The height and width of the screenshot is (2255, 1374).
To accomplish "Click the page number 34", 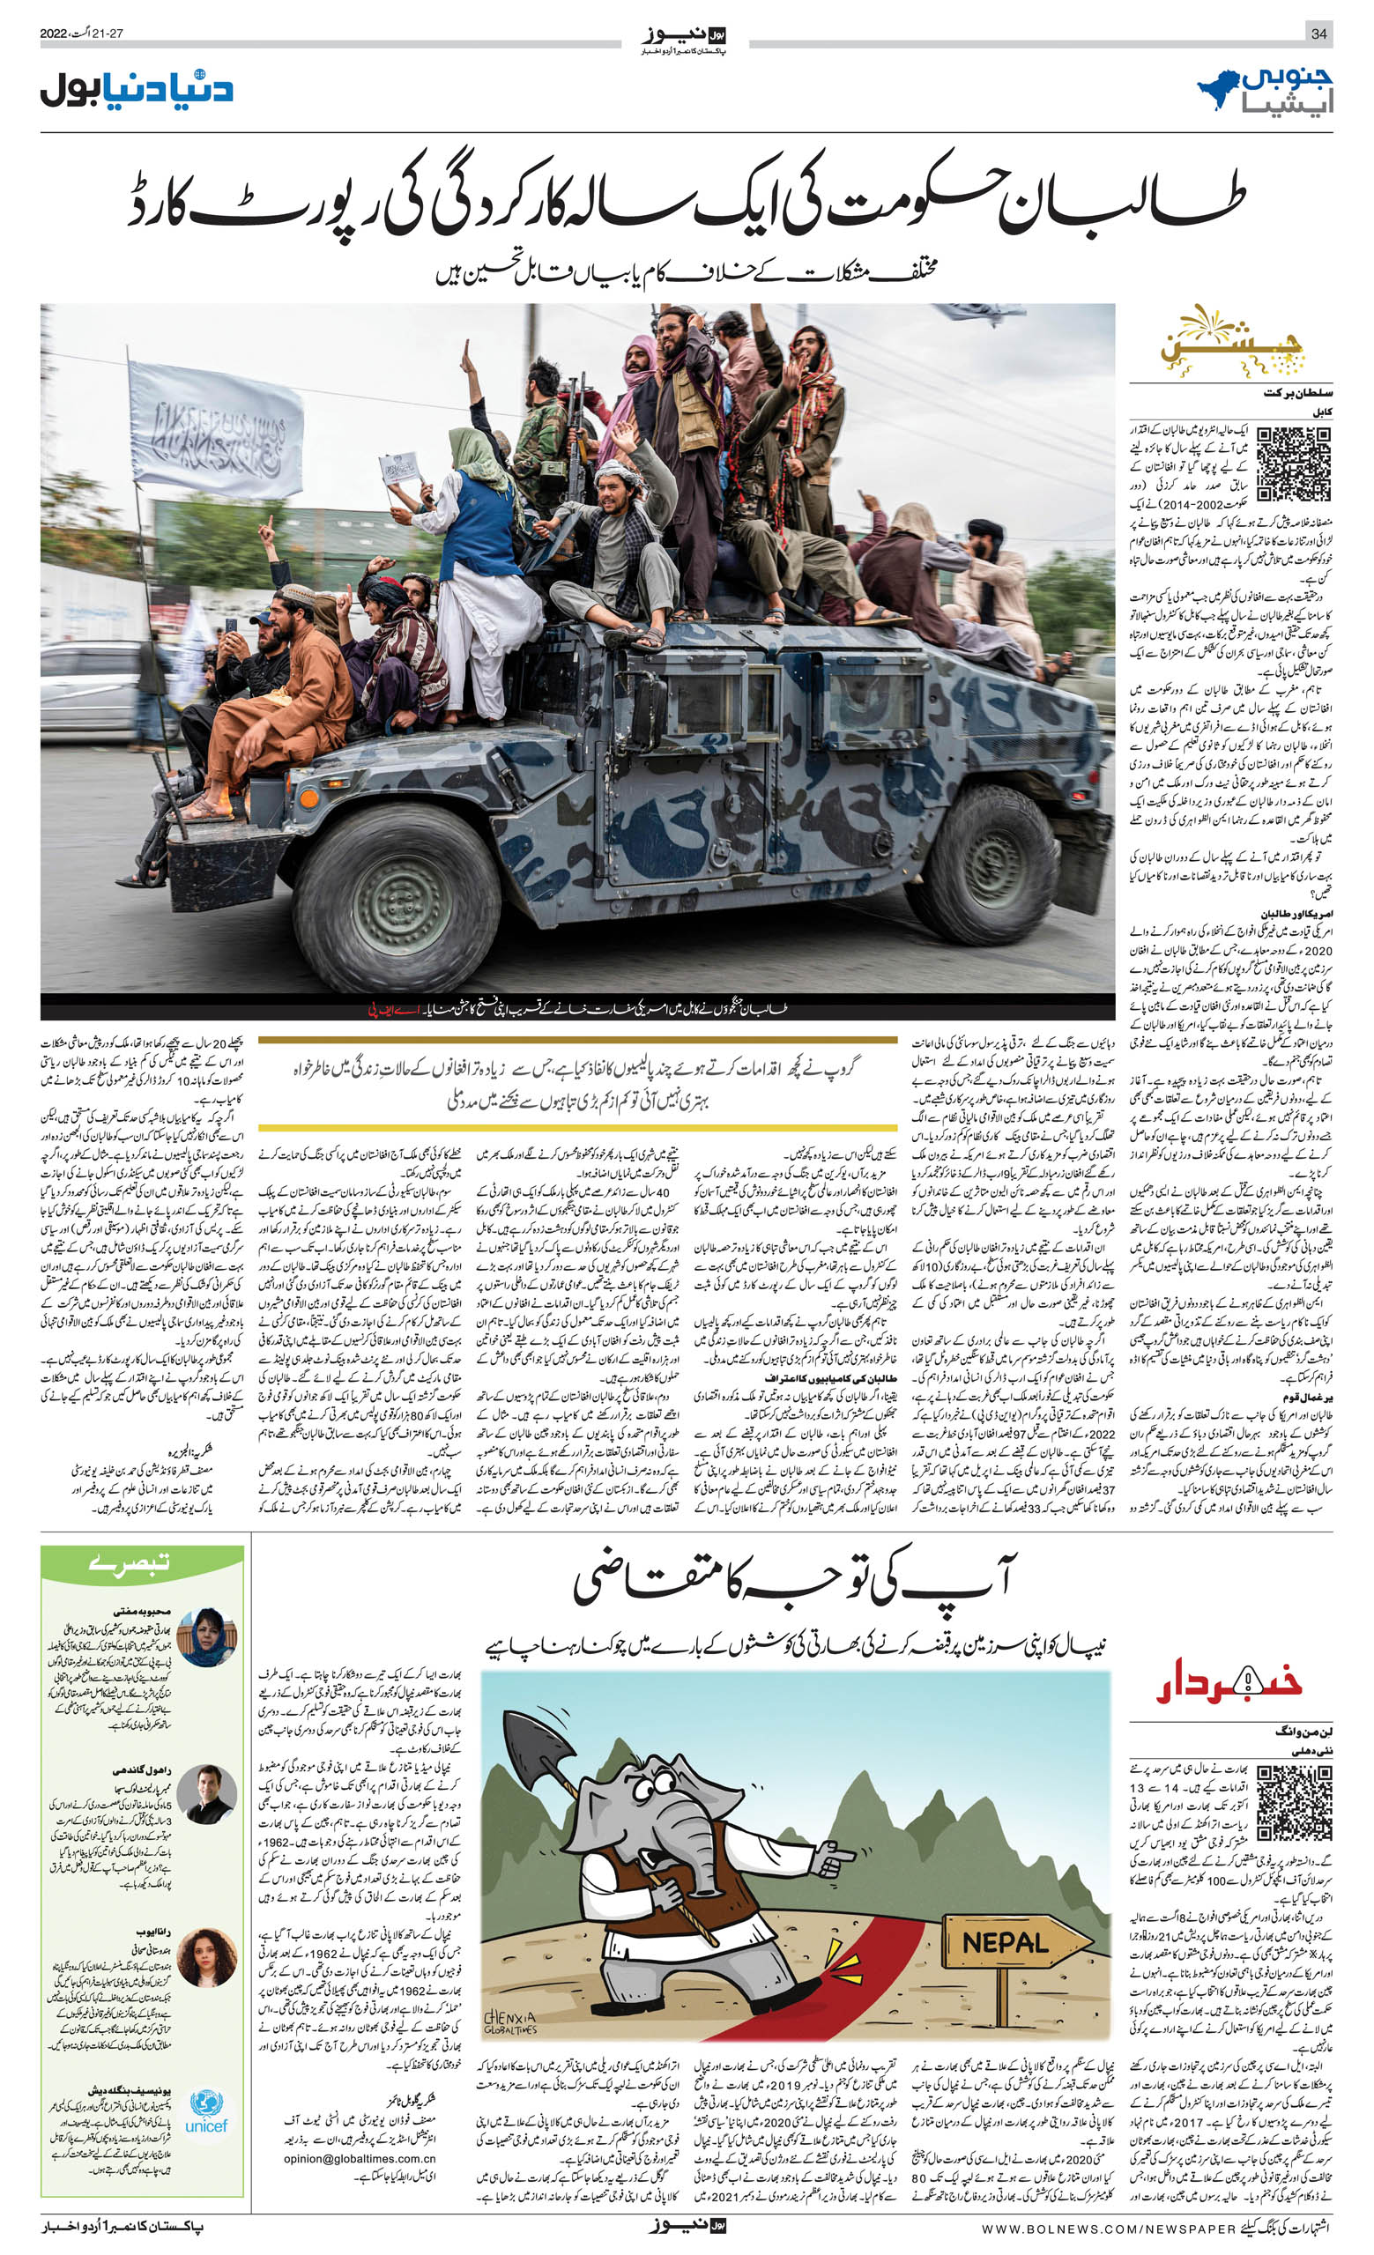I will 1318,33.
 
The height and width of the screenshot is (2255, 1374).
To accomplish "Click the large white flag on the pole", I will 216,427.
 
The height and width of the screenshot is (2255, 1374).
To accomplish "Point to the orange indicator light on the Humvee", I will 309,798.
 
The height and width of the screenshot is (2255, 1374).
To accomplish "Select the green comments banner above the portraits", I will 142,1567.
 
